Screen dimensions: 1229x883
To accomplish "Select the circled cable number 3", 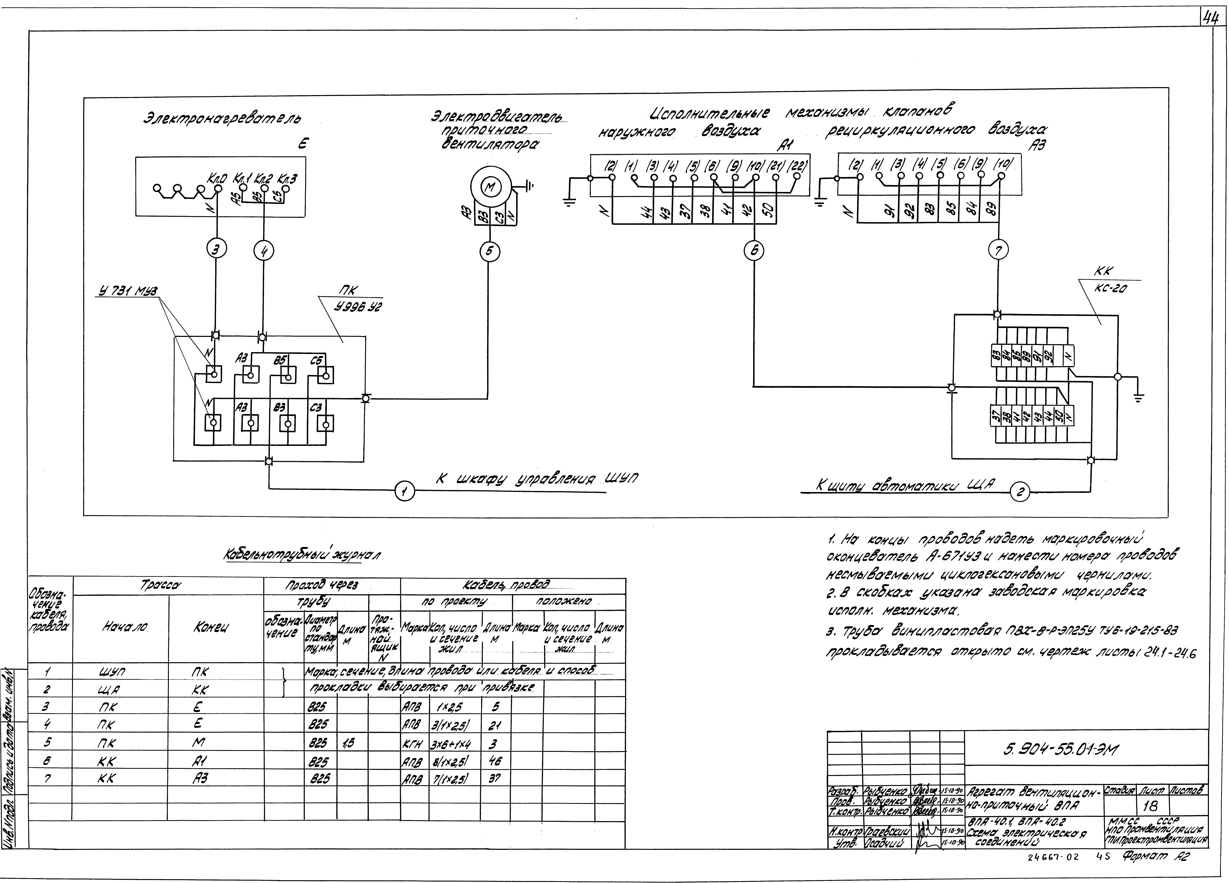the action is (216, 250).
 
